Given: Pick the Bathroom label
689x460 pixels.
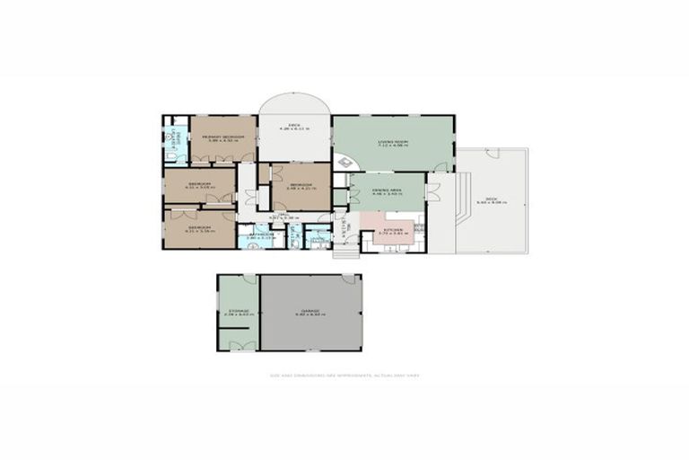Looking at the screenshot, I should [259, 235].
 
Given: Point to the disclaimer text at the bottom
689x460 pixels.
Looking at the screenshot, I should [344, 376].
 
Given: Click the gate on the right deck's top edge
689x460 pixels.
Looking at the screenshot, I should [492, 154].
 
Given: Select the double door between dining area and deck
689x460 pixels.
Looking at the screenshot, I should [432, 191].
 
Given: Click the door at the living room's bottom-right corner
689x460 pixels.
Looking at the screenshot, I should [440, 167].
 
